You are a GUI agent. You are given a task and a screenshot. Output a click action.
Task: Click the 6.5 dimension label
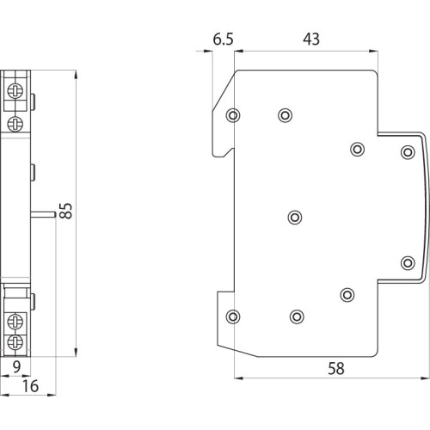223,39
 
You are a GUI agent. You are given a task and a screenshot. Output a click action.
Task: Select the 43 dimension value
311,39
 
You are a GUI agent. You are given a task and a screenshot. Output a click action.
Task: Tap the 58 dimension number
336,368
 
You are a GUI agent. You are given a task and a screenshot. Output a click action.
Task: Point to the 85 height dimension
66,211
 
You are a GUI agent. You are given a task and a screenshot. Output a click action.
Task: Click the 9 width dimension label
16,366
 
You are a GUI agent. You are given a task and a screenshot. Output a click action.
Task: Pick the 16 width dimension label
30,386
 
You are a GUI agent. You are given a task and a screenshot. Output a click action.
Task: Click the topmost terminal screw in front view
15,91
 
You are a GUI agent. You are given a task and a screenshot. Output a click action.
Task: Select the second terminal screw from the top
15,124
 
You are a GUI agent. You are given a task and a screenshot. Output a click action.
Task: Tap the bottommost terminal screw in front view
15,342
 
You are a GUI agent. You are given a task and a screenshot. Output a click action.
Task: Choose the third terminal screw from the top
15,321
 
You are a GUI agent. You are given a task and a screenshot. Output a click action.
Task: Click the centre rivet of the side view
295,218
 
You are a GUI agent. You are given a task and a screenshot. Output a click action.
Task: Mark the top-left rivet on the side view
233,115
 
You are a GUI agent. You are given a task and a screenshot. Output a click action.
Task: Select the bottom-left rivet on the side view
233,316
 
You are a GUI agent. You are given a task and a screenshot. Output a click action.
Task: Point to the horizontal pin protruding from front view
43,214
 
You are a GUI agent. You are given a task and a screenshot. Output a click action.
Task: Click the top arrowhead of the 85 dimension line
76,75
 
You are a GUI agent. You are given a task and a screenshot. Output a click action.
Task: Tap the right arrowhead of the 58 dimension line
426,378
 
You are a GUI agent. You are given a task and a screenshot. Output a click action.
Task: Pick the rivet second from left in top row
285,115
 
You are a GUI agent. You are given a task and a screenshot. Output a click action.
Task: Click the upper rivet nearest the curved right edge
408,152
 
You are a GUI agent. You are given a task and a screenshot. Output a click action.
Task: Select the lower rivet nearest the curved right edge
408,263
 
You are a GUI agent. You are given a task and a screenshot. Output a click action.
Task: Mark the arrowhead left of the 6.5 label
208,52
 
